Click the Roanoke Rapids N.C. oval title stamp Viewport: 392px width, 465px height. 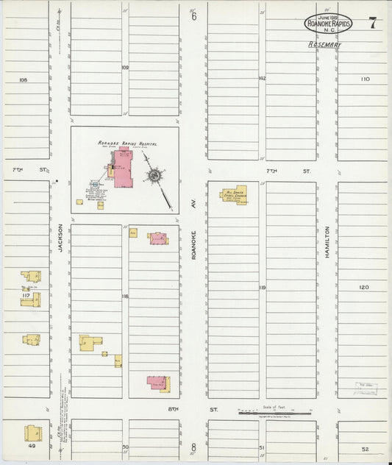pyautogui.click(x=328, y=24)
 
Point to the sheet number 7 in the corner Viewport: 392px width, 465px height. pyautogui.click(x=373, y=23)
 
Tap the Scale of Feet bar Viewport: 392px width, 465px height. pyautogui.click(x=274, y=413)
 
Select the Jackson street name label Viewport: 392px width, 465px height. pyautogui.click(x=60, y=238)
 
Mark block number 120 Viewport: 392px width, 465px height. pyautogui.click(x=364, y=287)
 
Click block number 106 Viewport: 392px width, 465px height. pyautogui.click(x=23, y=79)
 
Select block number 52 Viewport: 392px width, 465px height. pyautogui.click(x=365, y=449)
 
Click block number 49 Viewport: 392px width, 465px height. pyautogui.click(x=32, y=446)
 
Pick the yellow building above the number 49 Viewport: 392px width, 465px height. pyautogui.click(x=32, y=433)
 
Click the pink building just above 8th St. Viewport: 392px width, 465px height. pyautogui.click(x=157, y=382)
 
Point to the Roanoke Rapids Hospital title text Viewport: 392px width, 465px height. pyautogui.click(x=127, y=143)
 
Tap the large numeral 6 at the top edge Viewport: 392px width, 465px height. pyautogui.click(x=193, y=16)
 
